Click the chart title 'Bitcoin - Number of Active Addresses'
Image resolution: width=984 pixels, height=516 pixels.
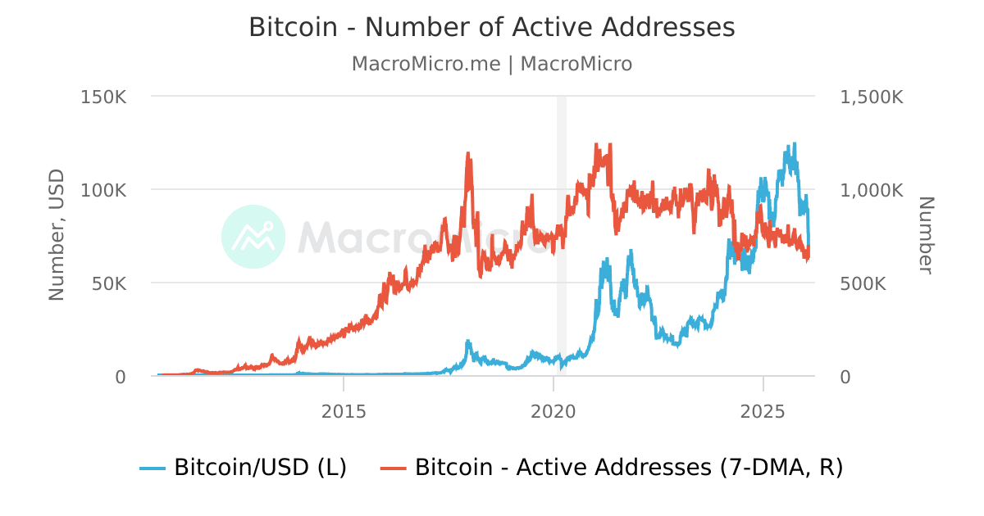pyautogui.click(x=492, y=27)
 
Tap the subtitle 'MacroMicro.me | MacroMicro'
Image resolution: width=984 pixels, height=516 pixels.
pyautogui.click(x=492, y=64)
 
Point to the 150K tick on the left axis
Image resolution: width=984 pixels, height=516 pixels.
pyautogui.click(x=103, y=97)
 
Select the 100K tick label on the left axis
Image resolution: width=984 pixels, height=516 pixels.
pyautogui.click(x=103, y=190)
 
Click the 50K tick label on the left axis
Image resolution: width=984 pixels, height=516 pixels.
pyautogui.click(x=108, y=283)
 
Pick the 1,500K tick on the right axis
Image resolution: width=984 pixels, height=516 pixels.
pyautogui.click(x=872, y=97)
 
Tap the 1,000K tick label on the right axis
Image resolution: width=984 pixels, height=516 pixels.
pyautogui.click(x=872, y=190)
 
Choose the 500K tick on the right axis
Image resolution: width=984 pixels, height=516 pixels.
pyautogui.click(x=863, y=283)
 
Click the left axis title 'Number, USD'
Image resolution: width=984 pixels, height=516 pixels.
pyautogui.click(x=57, y=236)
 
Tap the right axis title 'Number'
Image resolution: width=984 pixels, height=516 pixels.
pyautogui.click(x=926, y=236)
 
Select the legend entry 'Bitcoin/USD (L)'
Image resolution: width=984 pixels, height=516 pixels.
pyautogui.click(x=244, y=468)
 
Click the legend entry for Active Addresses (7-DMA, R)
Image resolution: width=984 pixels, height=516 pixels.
pyautogui.click(x=613, y=468)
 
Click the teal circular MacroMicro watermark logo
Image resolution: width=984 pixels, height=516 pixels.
pyautogui.click(x=253, y=237)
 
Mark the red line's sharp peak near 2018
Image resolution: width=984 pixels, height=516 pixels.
pyautogui.click(x=468, y=153)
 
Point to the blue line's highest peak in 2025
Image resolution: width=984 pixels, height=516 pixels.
pyautogui.click(x=794, y=144)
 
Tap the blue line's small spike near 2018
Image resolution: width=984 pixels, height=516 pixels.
pyautogui.click(x=468, y=341)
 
